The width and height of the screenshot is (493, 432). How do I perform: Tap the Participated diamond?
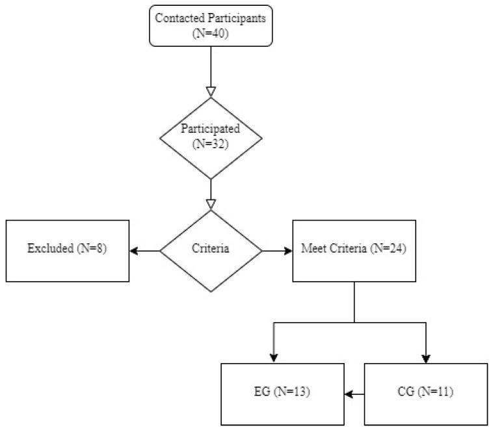point(211,137)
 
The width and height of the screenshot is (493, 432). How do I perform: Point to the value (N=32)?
point(211,144)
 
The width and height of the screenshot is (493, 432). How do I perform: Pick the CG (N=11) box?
point(425,394)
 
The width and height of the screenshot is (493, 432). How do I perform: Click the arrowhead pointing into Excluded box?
point(134,250)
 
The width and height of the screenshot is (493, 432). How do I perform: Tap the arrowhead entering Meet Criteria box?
point(288,250)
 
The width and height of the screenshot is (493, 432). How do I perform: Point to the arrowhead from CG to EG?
point(349,394)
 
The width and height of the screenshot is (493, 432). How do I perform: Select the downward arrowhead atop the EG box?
point(273,358)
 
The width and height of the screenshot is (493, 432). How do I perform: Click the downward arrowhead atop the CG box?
point(426,358)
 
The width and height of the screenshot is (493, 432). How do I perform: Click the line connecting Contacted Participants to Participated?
point(211,65)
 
